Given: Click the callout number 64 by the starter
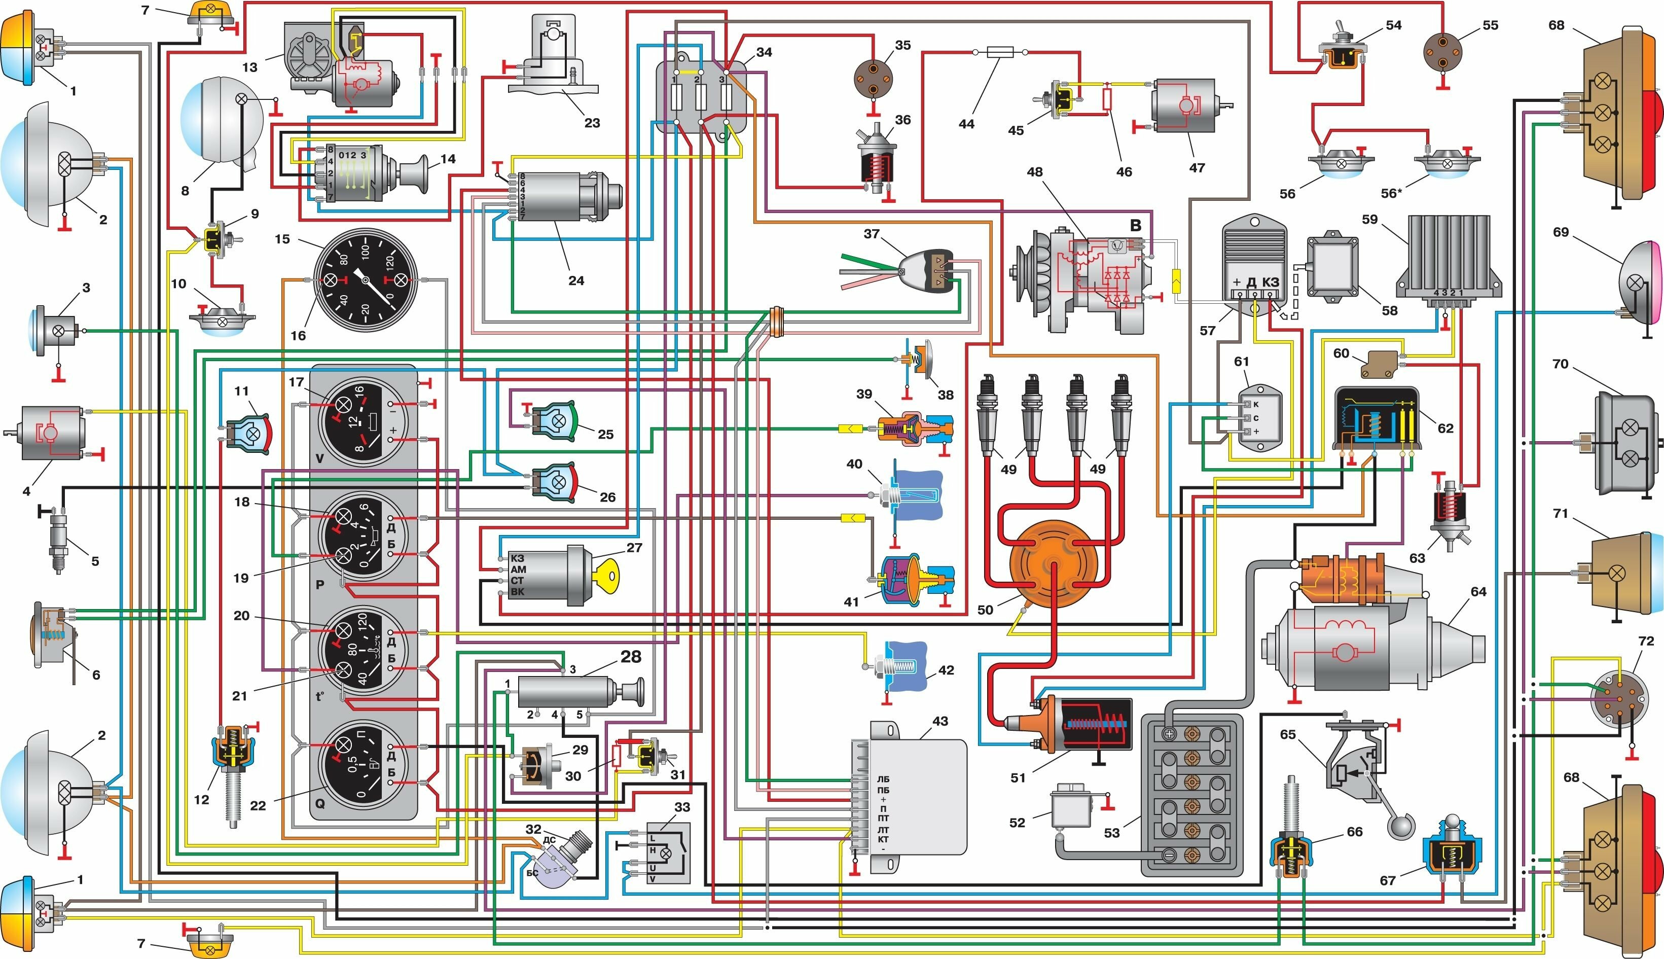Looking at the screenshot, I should (1478, 591).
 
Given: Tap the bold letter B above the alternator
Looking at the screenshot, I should (1135, 225).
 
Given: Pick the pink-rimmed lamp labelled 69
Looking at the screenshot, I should (1642, 282).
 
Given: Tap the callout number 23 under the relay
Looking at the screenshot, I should (592, 123).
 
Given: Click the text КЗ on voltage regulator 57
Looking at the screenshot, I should (1270, 282).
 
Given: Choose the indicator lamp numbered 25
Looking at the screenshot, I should (556, 420).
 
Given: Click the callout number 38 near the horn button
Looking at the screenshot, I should (946, 395).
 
